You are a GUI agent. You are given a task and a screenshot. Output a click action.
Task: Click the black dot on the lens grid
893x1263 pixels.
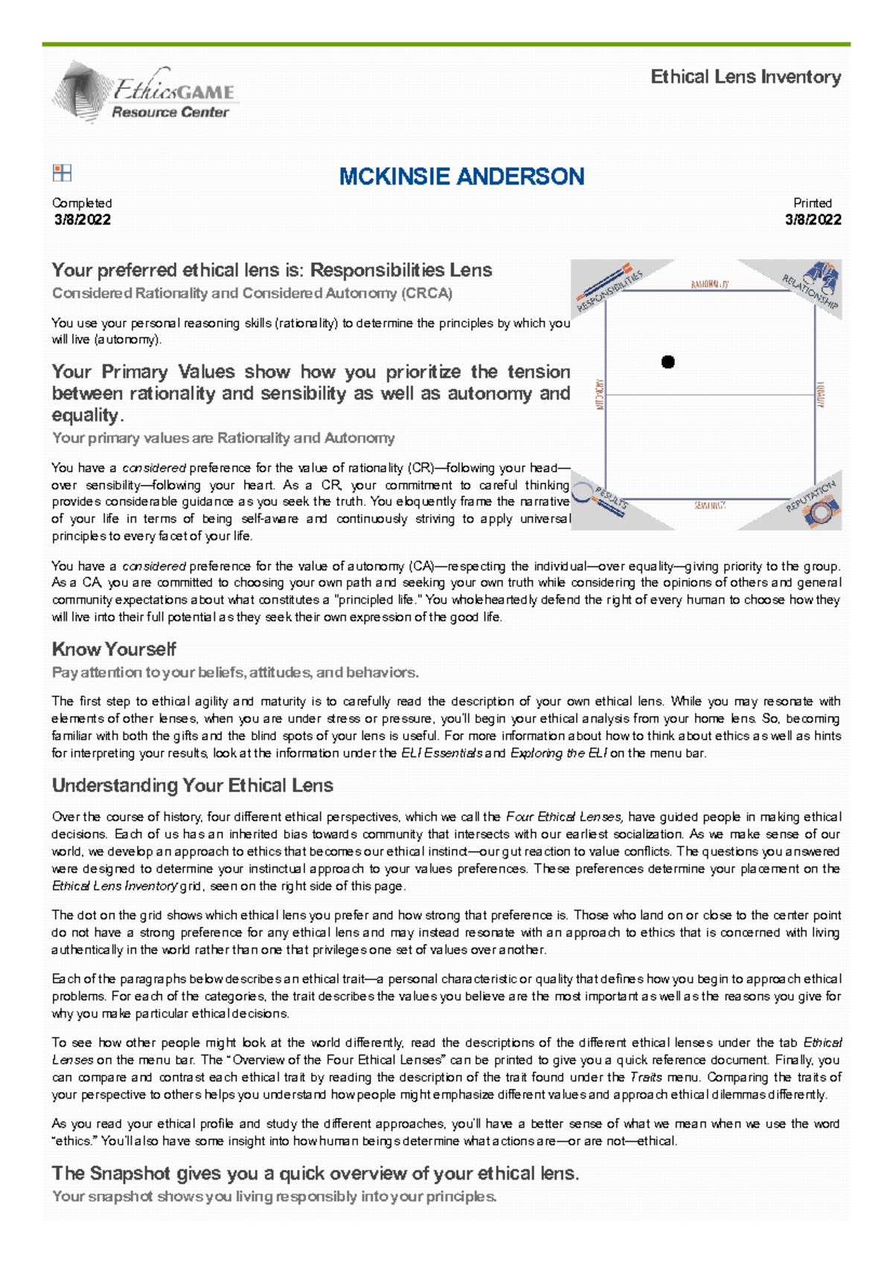click(668, 362)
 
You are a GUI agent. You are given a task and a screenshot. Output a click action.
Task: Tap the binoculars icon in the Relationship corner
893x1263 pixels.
click(824, 277)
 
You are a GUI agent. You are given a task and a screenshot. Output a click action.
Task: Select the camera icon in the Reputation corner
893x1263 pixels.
click(822, 511)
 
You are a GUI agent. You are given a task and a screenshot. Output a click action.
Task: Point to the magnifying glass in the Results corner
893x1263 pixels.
click(583, 493)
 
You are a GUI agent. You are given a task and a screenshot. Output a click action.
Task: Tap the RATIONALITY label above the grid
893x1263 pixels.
click(709, 284)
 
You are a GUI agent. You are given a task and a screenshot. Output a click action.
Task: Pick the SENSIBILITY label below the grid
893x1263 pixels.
click(710, 505)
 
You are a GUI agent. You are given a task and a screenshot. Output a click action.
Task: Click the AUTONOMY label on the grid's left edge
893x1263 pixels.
click(600, 394)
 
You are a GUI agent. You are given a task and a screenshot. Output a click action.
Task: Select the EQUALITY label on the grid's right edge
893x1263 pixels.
click(821, 394)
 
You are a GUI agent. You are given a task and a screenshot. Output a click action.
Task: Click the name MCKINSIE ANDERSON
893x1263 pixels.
click(461, 176)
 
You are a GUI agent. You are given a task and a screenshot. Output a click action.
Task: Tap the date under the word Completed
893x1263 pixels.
click(82, 219)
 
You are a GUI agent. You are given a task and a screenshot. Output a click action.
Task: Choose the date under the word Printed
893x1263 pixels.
click(813, 219)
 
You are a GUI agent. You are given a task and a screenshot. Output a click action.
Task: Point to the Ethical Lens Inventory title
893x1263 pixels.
click(746, 77)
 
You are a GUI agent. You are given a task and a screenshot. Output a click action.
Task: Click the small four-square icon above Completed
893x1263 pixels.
click(62, 173)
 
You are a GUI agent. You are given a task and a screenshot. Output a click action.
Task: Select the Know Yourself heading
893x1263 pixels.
click(114, 649)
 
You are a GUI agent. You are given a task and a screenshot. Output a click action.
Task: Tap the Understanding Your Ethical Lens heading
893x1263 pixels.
click(192, 785)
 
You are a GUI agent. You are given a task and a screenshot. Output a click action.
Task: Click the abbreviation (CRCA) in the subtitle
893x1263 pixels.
click(426, 293)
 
